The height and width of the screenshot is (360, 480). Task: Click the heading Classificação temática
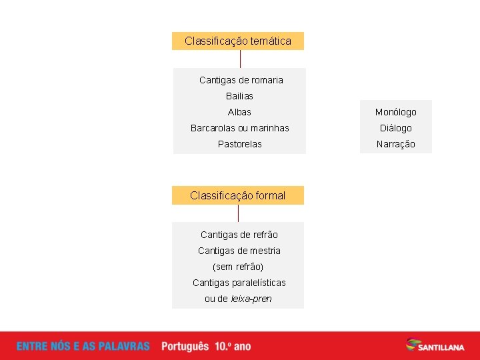click(x=238, y=41)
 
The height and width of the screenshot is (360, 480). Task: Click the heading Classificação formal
click(x=237, y=195)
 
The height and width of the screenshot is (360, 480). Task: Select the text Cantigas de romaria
click(x=241, y=80)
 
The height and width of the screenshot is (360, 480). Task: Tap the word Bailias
click(x=239, y=96)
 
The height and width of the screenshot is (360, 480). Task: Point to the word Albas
click(x=239, y=112)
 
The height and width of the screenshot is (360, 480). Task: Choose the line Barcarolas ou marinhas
click(x=239, y=128)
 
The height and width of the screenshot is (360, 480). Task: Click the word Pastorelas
click(x=239, y=144)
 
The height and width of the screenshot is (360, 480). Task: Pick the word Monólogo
click(x=395, y=112)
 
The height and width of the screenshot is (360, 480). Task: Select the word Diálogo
click(x=395, y=128)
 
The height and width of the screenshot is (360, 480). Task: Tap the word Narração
click(x=395, y=144)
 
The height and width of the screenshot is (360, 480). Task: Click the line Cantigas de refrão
click(x=239, y=235)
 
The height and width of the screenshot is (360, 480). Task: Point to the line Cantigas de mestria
click(x=239, y=251)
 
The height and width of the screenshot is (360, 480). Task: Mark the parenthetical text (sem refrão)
click(x=238, y=267)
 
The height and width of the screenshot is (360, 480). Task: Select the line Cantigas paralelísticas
click(x=239, y=283)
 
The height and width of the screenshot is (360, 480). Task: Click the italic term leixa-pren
click(x=251, y=299)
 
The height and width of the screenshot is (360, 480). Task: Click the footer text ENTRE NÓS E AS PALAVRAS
click(x=83, y=347)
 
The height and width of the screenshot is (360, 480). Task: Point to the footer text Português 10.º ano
click(x=206, y=347)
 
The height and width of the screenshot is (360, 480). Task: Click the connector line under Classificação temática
click(x=240, y=59)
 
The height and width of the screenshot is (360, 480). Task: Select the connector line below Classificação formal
click(x=238, y=213)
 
